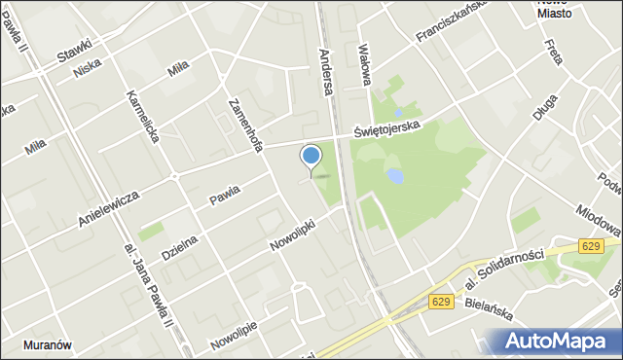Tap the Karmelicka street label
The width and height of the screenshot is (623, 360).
142,118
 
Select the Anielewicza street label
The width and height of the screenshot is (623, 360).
108,208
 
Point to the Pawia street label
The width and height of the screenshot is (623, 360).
224,198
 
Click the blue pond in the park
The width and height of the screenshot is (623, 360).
394,176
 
